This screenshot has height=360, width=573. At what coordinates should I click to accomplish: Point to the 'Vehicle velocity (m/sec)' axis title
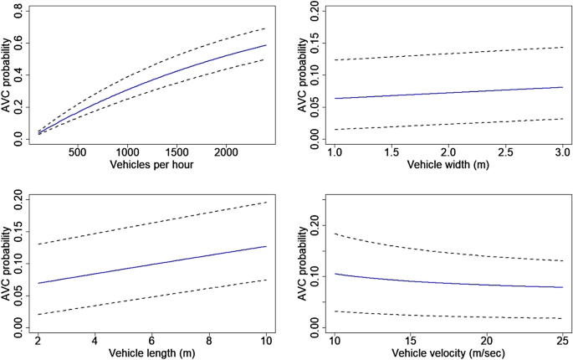pos(448,352)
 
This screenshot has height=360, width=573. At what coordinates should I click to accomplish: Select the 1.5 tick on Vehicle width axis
pos(391,153)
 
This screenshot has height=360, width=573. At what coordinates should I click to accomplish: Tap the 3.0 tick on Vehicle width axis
pos(561,153)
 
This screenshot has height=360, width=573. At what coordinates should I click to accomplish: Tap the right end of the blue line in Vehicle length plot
pos(266,246)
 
